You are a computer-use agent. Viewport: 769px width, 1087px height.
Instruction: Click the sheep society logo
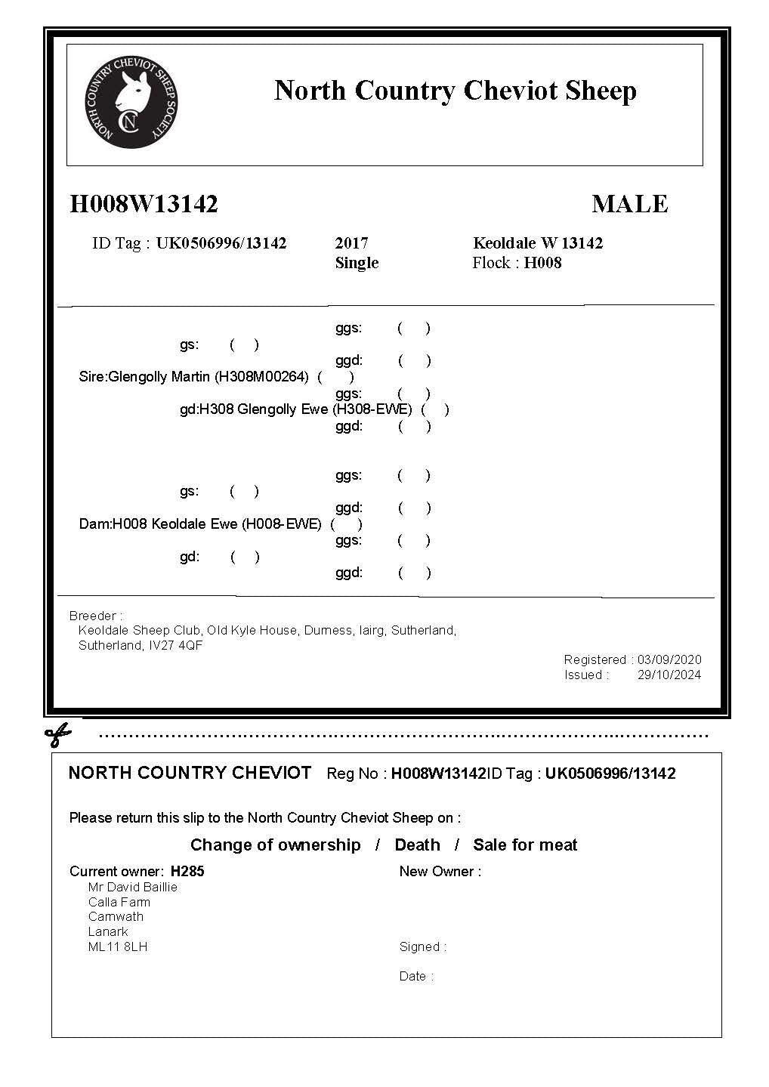[x=131, y=101]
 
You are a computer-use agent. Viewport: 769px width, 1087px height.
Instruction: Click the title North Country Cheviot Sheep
[x=455, y=91]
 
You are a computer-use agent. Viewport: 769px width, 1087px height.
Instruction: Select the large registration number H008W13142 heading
[x=144, y=204]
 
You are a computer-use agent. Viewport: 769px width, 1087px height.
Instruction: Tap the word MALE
[x=629, y=204]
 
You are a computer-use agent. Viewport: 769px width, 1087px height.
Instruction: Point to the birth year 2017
[x=351, y=243]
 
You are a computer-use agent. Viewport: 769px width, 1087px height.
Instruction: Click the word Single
[x=357, y=263]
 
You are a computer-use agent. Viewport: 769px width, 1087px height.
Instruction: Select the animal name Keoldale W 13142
[x=538, y=243]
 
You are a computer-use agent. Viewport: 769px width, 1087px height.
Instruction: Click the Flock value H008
[x=542, y=263]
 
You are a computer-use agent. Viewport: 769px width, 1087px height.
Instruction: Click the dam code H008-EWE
[x=281, y=523]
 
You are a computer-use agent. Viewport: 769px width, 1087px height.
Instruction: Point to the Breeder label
[x=95, y=616]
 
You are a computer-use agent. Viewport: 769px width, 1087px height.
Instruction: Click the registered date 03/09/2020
[x=669, y=659]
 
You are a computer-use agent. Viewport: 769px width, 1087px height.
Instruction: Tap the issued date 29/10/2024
[x=669, y=675]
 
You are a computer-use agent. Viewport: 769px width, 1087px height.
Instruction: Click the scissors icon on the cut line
[x=58, y=733]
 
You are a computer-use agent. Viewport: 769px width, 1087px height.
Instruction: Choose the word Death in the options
[x=417, y=845]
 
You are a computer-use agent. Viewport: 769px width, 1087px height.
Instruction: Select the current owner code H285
[x=187, y=871]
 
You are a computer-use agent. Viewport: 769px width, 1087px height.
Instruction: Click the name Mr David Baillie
[x=133, y=887]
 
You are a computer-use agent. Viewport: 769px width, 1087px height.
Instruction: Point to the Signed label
[x=422, y=946]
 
